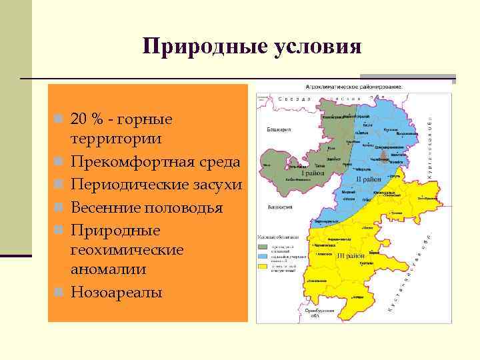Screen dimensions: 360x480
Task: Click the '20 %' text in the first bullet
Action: pyautogui.click(x=89, y=119)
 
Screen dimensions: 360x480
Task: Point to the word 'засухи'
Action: pyautogui.click(x=215, y=185)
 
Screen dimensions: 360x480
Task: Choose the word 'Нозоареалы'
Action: pyautogui.click(x=117, y=292)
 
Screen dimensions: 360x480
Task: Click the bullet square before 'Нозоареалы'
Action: pyautogui.click(x=60, y=292)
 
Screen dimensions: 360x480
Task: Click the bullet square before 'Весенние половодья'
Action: pyautogui.click(x=60, y=207)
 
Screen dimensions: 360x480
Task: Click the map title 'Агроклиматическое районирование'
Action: pyautogui.click(x=353, y=87)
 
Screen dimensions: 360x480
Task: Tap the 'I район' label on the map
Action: pyautogui.click(x=312, y=173)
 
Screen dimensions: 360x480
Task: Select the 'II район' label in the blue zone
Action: pyautogui.click(x=367, y=179)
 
